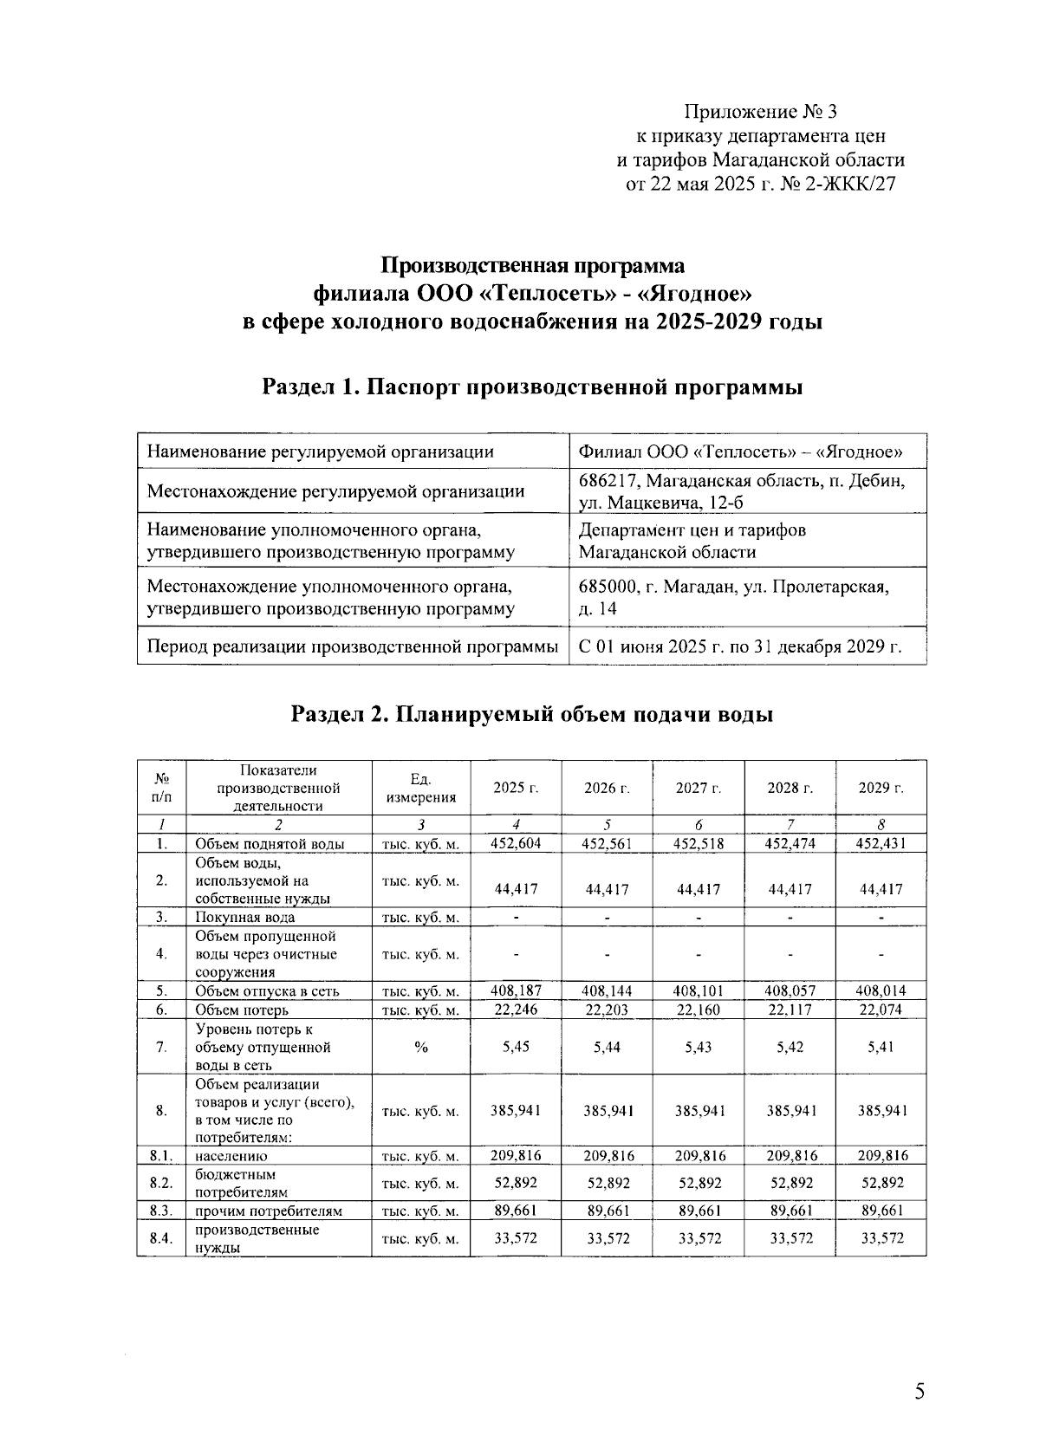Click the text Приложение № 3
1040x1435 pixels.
(761, 112)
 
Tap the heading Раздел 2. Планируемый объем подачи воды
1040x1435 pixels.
(532, 714)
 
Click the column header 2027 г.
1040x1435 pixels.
(699, 788)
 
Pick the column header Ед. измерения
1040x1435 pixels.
(420, 788)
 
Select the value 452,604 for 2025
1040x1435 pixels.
(516, 843)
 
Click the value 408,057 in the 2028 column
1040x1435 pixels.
(790, 990)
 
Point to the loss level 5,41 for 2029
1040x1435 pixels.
(881, 1046)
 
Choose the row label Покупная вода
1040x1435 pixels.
(245, 917)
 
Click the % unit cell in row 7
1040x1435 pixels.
(420, 1047)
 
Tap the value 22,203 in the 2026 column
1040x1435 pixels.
(607, 1010)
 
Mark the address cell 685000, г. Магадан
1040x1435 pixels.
(733, 588)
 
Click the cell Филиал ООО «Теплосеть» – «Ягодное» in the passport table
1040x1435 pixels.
(741, 451)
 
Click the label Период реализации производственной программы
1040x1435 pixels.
(352, 646)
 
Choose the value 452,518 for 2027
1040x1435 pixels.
(699, 843)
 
